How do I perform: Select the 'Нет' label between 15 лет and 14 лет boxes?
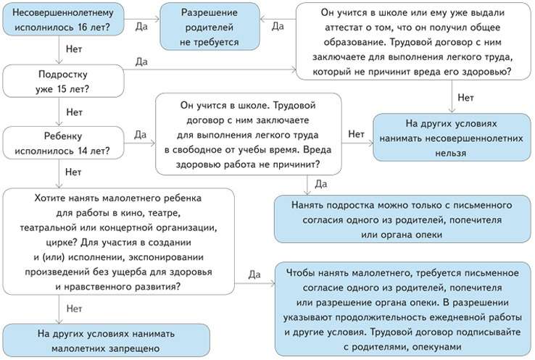tap(73, 112)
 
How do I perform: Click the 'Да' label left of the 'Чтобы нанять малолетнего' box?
tap(254, 275)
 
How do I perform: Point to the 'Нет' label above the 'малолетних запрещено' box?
tap(73, 309)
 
